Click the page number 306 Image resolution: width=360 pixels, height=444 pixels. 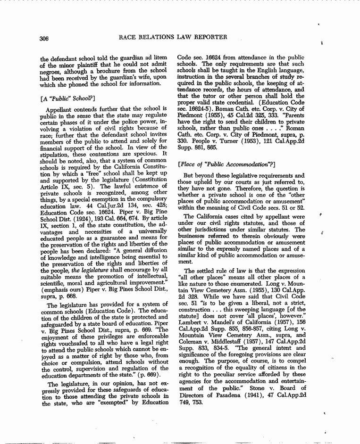[45, 37]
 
